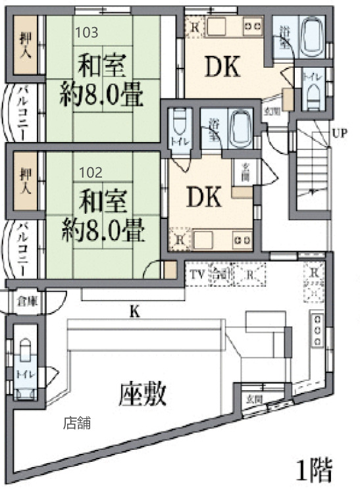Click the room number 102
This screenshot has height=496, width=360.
pyautogui.click(x=90, y=172)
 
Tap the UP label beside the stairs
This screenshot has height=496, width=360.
pyautogui.click(x=340, y=134)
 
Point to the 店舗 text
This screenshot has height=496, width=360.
pyautogui.click(x=76, y=424)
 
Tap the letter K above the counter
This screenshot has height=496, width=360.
pyautogui.click(x=135, y=314)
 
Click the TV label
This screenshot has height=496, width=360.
pyautogui.click(x=197, y=274)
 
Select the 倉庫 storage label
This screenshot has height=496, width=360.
pyautogui.click(x=27, y=302)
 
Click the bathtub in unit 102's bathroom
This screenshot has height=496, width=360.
pyautogui.click(x=241, y=129)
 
